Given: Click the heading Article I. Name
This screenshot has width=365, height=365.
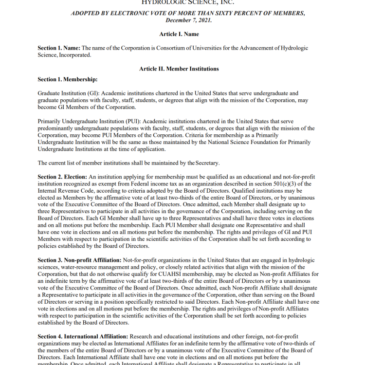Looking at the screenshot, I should coord(179,34).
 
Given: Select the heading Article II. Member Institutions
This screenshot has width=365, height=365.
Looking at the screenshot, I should coord(179,69).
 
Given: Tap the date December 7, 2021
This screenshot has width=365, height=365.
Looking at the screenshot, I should coord(187,20).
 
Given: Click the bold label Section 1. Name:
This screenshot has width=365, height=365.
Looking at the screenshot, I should coord(59,48).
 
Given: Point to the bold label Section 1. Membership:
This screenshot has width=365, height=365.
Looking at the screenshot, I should coord(68,79).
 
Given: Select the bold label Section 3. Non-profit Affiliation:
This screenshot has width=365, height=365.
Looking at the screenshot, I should coord(80,260).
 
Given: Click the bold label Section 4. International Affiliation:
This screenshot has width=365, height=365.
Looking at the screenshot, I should coord(83,336).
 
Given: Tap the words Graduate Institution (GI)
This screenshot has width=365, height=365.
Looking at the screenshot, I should coord(61,93).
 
